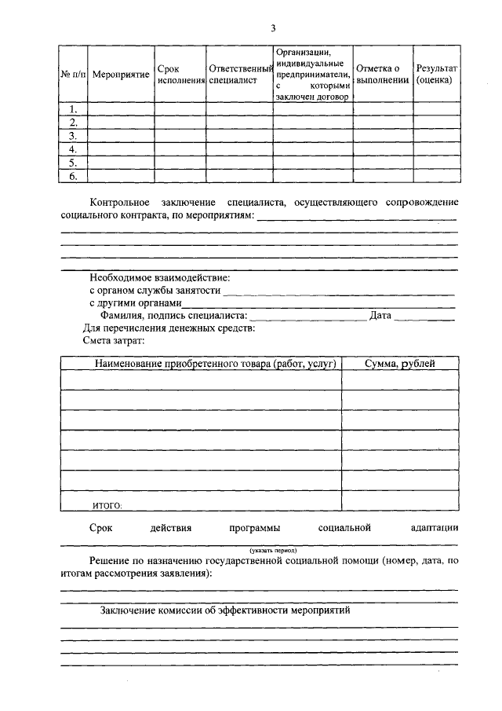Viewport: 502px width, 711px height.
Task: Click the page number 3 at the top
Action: coord(273,28)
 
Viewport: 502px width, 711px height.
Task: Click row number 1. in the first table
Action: coord(73,109)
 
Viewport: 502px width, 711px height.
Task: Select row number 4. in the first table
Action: coord(73,149)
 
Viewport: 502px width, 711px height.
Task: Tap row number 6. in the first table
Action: coord(73,176)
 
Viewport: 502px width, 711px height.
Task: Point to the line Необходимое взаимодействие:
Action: coord(159,277)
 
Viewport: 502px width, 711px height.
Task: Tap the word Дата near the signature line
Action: coord(380,316)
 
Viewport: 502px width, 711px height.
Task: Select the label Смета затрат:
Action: coord(114,340)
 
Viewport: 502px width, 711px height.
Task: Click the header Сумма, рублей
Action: coord(399,363)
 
